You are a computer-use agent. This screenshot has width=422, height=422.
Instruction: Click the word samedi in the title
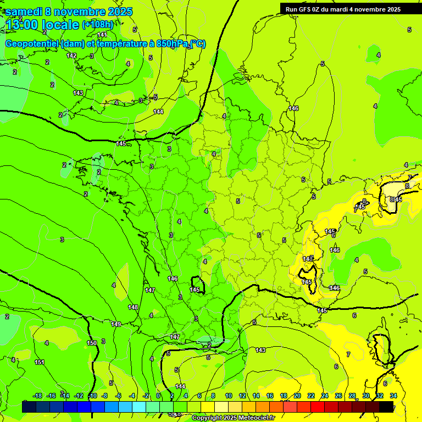click(25, 12)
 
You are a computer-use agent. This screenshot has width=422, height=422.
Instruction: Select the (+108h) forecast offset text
click(97, 25)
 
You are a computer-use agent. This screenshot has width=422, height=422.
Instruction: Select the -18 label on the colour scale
click(37, 396)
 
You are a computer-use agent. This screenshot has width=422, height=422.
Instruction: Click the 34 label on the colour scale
click(393, 396)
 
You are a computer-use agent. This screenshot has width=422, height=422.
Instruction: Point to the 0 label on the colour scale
click(158, 396)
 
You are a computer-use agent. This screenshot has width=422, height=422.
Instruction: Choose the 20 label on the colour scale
click(297, 396)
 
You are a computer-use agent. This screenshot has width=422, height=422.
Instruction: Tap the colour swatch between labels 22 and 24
click(318, 407)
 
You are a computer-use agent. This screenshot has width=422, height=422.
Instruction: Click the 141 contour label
click(102, 35)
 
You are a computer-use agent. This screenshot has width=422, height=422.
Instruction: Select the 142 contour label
click(72, 55)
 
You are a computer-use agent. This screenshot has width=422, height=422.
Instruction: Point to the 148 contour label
click(133, 307)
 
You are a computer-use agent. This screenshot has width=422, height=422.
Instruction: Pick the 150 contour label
click(92, 343)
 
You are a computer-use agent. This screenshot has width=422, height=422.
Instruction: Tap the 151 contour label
click(40, 362)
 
